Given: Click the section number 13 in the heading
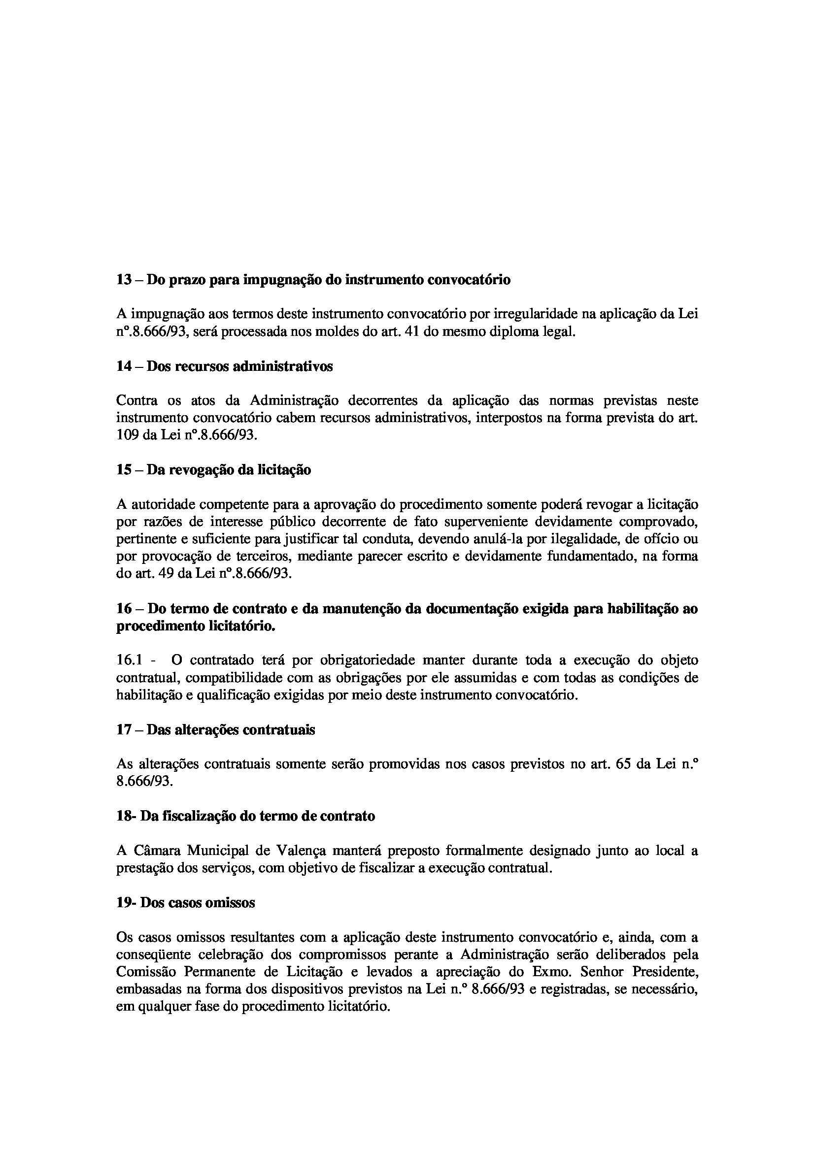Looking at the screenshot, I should click(x=124, y=279).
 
